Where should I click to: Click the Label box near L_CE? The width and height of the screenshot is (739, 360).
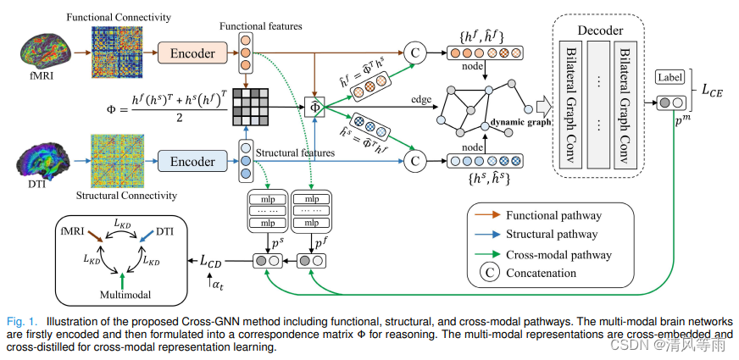point(670,78)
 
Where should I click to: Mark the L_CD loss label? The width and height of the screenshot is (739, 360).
point(216,261)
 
